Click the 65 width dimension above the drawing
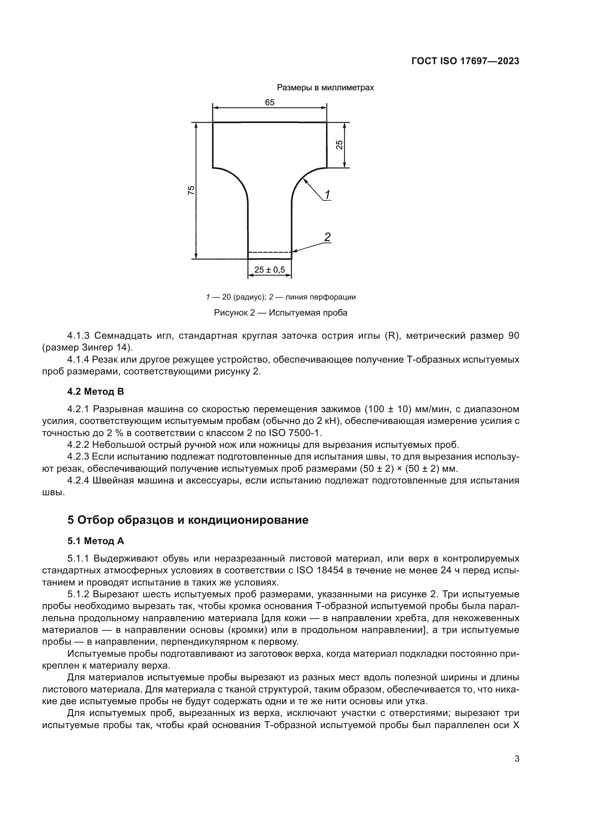pyautogui.click(x=270, y=102)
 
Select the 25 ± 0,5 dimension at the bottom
pyautogui.click(x=270, y=269)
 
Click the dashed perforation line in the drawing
pyautogui.click(x=270, y=252)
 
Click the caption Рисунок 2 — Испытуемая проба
pyautogui.click(x=280, y=313)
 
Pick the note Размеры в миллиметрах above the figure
pyautogui.click(x=325, y=88)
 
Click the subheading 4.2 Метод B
pyautogui.click(x=96, y=392)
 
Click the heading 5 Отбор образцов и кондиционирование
pyautogui.click(x=188, y=520)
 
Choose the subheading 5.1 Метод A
pyautogui.click(x=96, y=541)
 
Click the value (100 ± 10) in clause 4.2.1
pyautogui.click(x=388, y=409)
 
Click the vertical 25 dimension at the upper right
pyautogui.click(x=339, y=145)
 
